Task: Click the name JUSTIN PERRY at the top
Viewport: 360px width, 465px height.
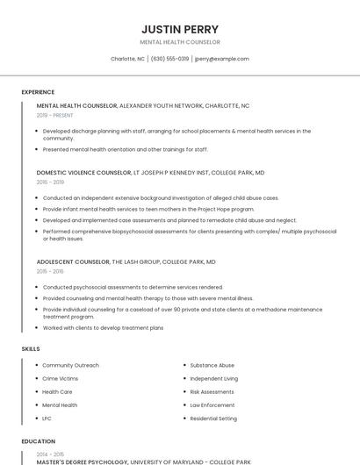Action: click(180, 29)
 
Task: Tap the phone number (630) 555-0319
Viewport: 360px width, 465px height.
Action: click(169, 59)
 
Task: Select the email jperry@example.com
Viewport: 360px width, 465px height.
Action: click(222, 59)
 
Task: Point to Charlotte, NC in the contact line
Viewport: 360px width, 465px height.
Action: click(127, 59)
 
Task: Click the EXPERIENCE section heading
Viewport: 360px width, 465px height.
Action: click(38, 92)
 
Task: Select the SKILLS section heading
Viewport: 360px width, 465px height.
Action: click(31, 349)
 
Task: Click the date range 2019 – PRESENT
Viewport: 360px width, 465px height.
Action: click(54, 115)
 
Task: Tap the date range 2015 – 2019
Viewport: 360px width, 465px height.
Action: click(50, 182)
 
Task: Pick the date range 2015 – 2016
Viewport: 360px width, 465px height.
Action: click(50, 272)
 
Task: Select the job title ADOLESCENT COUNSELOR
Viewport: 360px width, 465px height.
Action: click(73, 262)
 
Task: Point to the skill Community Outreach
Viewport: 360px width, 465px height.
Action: click(70, 365)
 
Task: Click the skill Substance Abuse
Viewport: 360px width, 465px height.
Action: click(212, 365)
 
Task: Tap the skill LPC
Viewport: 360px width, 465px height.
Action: click(47, 418)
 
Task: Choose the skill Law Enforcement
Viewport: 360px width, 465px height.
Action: click(212, 405)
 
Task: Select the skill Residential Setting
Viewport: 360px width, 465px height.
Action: click(213, 418)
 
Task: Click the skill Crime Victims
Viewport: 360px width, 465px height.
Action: click(60, 378)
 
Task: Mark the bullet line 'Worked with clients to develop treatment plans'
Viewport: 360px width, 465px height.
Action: click(103, 328)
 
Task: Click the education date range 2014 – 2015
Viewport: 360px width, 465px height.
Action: click(49, 454)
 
